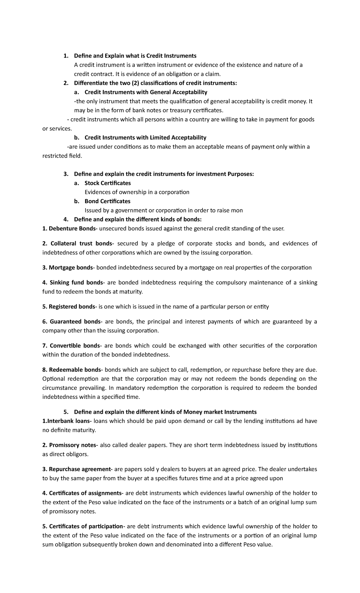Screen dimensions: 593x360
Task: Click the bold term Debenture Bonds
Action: pyautogui.click(x=72, y=229)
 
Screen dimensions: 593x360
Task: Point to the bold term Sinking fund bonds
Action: pyautogui.click(x=76, y=282)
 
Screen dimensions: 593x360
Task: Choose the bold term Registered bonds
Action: pyautogui.click(x=72, y=306)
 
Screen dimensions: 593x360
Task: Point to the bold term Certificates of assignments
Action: pyautogui.click(x=85, y=493)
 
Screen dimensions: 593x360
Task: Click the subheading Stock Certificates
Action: pyautogui.click(x=107, y=183)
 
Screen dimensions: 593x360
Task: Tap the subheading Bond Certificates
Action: pyautogui.click(x=107, y=201)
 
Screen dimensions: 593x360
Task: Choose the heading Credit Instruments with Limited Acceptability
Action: pyautogui.click(x=145, y=137)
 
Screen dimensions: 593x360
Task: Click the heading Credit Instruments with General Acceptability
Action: pyautogui.click(x=146, y=92)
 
